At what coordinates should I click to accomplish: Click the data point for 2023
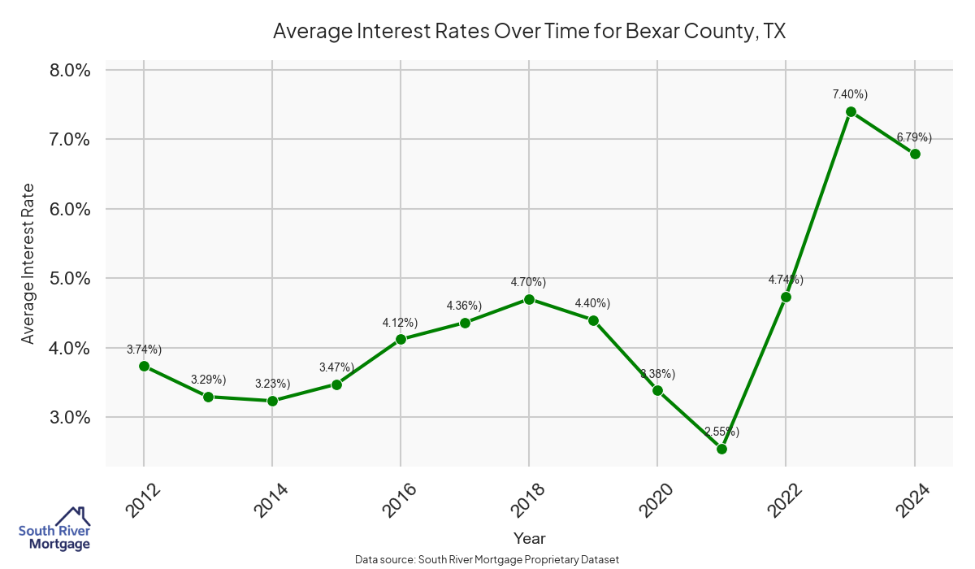click(x=851, y=111)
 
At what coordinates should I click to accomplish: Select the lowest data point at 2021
click(x=721, y=449)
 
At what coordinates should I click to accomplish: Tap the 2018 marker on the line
click(x=529, y=299)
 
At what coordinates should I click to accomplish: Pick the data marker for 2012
click(x=144, y=366)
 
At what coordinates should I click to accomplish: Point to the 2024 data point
click(x=915, y=154)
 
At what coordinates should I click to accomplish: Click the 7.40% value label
click(x=850, y=94)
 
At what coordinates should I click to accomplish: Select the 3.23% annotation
click(x=272, y=384)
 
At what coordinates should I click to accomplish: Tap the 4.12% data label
click(x=400, y=323)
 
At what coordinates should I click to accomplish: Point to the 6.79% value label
click(x=914, y=137)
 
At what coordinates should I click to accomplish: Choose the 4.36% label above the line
click(x=464, y=306)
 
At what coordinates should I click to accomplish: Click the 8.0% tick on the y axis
click(x=70, y=70)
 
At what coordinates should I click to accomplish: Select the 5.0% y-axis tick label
click(x=70, y=278)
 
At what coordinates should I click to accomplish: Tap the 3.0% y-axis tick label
click(x=70, y=417)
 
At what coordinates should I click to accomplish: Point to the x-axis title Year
click(x=530, y=538)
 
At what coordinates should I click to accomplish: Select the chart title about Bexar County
click(x=530, y=32)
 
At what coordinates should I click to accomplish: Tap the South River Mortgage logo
click(x=54, y=529)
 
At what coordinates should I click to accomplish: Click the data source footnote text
click(x=487, y=559)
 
